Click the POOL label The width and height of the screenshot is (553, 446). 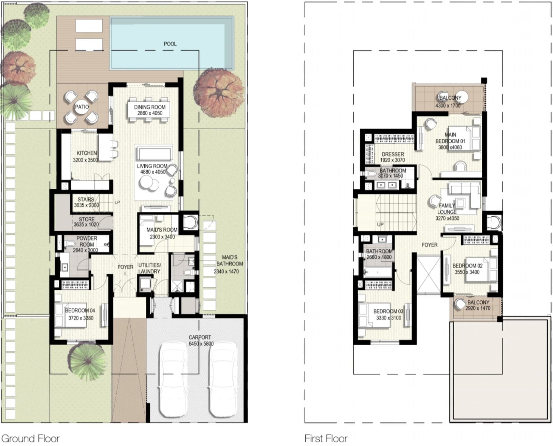click(170, 44)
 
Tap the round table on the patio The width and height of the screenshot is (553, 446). click(82, 107)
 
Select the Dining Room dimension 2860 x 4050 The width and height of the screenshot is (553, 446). click(150, 113)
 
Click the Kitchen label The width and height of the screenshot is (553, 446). click(87, 153)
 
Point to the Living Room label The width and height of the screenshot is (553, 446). click(152, 166)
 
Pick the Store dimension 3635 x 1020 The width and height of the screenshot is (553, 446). click(86, 225)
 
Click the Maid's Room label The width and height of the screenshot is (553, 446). click(162, 230)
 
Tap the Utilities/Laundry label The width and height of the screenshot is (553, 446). click(149, 268)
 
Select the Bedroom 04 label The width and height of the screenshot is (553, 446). click(80, 311)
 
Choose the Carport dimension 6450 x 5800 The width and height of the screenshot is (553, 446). click(201, 344)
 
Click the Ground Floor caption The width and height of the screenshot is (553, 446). click(30, 438)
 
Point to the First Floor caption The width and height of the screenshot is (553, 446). click(326, 438)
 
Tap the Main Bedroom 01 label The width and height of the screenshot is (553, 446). click(450, 138)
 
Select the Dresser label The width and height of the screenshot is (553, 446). click(393, 154)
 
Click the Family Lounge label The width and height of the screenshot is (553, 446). click(447, 209)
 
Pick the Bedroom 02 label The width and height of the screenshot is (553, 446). click(467, 266)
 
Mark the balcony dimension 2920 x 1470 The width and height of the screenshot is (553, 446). click(478, 308)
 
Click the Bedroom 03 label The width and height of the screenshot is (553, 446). click(388, 311)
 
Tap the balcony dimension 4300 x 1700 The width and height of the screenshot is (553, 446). click(448, 106)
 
